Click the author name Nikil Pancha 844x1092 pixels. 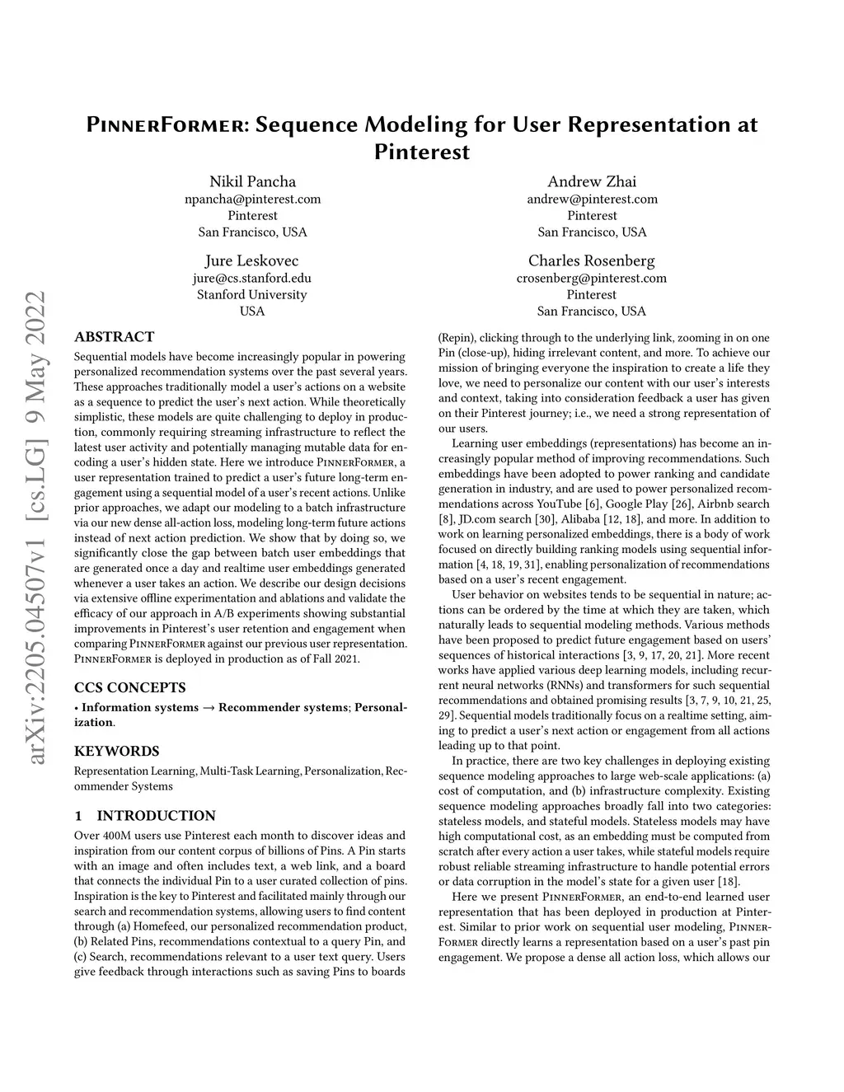pyautogui.click(x=252, y=181)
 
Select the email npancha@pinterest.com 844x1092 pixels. pyautogui.click(x=252, y=199)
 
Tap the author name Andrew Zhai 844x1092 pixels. pyautogui.click(x=591, y=181)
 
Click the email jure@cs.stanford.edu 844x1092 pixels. pyautogui.click(x=252, y=278)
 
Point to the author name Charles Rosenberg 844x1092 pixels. pyautogui.click(x=591, y=260)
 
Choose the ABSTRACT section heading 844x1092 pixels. pyautogui.click(x=114, y=336)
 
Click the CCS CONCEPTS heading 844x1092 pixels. pyautogui.click(x=130, y=687)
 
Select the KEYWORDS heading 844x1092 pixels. pyautogui.click(x=117, y=751)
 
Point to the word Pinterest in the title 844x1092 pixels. pyautogui.click(x=422, y=152)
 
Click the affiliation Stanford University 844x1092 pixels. pyautogui.click(x=252, y=294)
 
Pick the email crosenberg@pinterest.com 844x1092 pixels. pyautogui.click(x=591, y=278)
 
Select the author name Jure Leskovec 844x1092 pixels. pyautogui.click(x=252, y=260)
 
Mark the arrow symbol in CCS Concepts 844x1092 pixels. pyautogui.click(x=209, y=707)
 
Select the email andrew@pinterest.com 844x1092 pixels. pyautogui.click(x=591, y=199)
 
